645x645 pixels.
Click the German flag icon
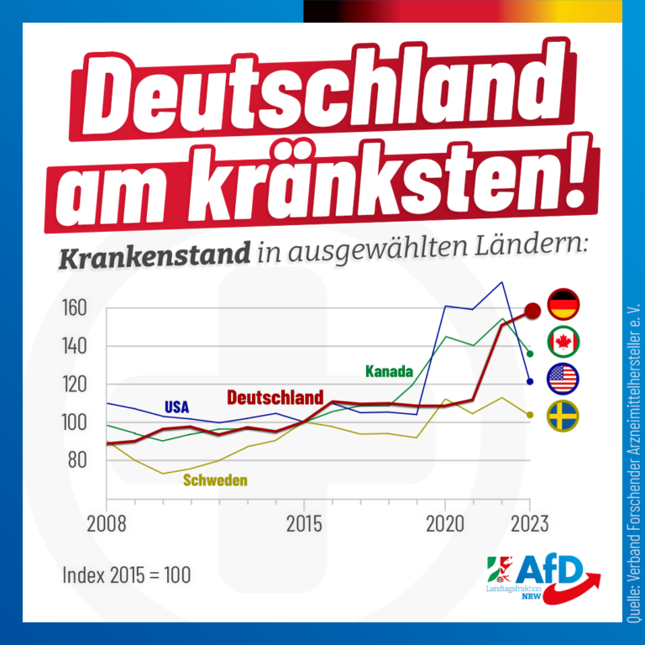point(564,304)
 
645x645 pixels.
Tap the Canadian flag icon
point(564,342)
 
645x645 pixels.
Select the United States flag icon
point(564,379)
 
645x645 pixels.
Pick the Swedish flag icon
point(564,416)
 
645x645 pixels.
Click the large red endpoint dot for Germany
point(533,311)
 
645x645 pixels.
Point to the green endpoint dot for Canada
point(530,354)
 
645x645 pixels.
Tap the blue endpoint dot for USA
point(530,382)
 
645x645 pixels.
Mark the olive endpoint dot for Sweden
point(530,415)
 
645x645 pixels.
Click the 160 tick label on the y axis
point(75,307)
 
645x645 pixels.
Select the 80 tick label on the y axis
point(77,460)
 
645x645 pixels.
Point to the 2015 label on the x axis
point(304,524)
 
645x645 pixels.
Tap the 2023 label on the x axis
point(530,524)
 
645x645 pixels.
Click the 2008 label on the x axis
point(107,524)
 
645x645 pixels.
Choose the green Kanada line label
point(389,371)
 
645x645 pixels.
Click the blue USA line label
point(177,407)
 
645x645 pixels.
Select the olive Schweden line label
point(215,480)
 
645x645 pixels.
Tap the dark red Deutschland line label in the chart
point(275,397)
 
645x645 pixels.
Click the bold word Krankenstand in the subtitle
point(155,255)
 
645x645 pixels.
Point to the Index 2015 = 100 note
point(127,575)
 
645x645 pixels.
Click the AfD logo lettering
point(548,569)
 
